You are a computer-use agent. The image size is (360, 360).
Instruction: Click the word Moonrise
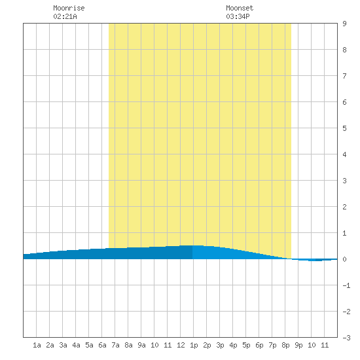(69, 8)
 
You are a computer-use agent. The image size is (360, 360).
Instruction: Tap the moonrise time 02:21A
(65, 16)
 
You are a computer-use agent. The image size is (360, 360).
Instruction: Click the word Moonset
(240, 8)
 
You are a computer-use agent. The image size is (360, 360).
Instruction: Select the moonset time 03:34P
(238, 16)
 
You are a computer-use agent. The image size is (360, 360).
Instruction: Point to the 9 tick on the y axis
(344, 24)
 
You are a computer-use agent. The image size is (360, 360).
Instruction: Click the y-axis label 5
(344, 128)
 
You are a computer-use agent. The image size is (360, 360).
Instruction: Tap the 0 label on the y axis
(344, 259)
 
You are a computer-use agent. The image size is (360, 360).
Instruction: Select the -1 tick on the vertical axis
(346, 285)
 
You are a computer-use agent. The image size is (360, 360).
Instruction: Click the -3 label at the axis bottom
(346, 338)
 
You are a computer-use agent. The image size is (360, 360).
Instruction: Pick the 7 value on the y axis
(344, 76)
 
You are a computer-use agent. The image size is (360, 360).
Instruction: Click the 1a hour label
(37, 345)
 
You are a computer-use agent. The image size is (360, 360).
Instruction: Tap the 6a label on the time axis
(102, 345)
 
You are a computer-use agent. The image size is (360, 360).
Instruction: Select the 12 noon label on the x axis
(181, 345)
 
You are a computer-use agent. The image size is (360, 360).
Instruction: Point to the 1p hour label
(194, 345)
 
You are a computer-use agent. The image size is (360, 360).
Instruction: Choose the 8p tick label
(285, 345)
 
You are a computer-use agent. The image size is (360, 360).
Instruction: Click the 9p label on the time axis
(298, 345)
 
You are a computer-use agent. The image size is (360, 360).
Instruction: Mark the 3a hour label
(63, 345)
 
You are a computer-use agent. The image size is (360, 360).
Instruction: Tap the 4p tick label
(233, 345)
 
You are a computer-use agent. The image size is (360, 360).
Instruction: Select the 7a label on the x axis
(115, 345)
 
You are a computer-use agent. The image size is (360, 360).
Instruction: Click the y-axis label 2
(344, 207)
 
